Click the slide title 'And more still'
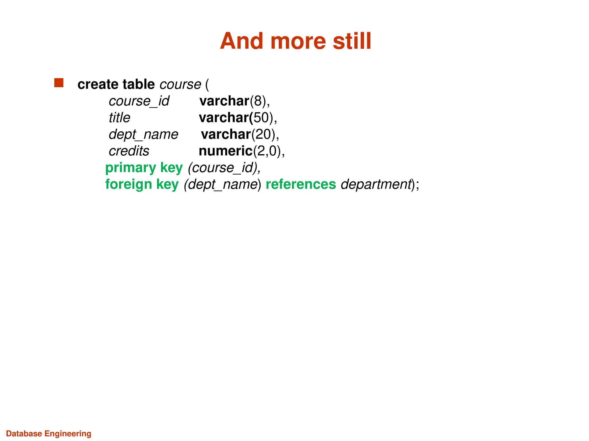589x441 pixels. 295,41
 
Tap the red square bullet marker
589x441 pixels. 59,83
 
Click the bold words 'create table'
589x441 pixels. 116,84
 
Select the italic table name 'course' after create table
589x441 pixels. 180,84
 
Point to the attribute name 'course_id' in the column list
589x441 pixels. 139,101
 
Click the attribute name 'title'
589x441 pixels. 119,118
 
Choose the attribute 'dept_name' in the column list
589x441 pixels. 144,134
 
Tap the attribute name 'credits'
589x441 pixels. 129,151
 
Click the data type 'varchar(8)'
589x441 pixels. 234,101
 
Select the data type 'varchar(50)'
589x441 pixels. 238,118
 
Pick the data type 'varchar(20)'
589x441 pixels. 240,134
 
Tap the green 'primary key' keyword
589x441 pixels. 144,168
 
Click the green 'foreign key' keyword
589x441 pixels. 142,184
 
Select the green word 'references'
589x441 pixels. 301,184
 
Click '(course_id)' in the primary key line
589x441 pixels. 223,168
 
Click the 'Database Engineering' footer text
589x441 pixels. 49,434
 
